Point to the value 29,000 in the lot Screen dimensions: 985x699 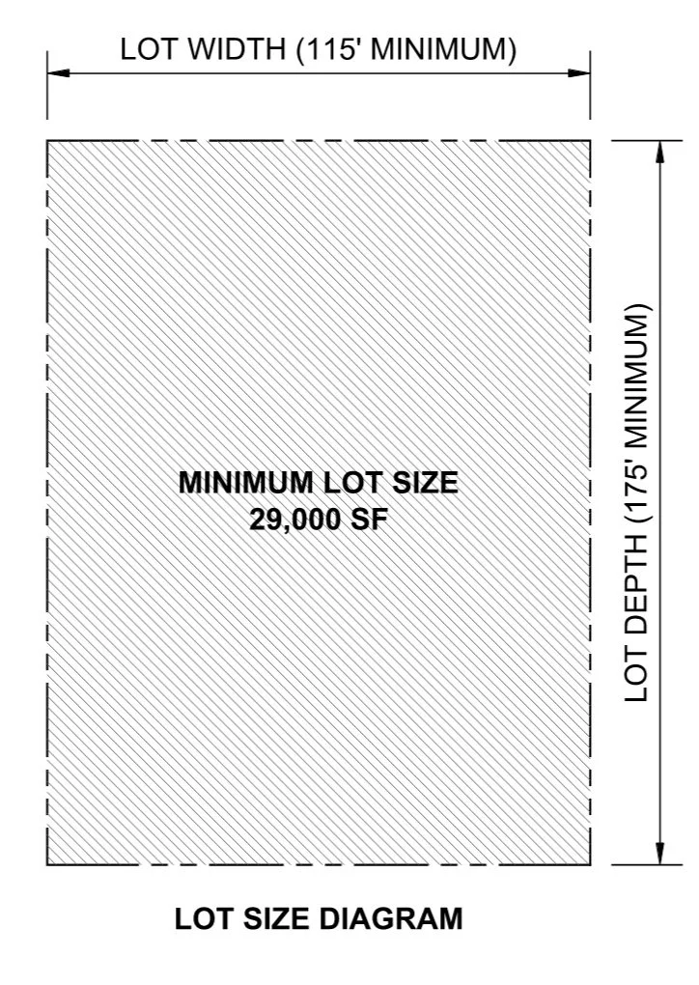coord(296,519)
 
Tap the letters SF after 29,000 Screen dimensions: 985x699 coord(370,519)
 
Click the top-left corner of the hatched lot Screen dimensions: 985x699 coord(47,141)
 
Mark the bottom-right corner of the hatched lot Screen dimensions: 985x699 coord(590,864)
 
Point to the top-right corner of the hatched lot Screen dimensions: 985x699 coord(590,141)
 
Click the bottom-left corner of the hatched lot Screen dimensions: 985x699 coord(47,864)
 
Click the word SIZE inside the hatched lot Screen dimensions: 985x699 coord(424,483)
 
